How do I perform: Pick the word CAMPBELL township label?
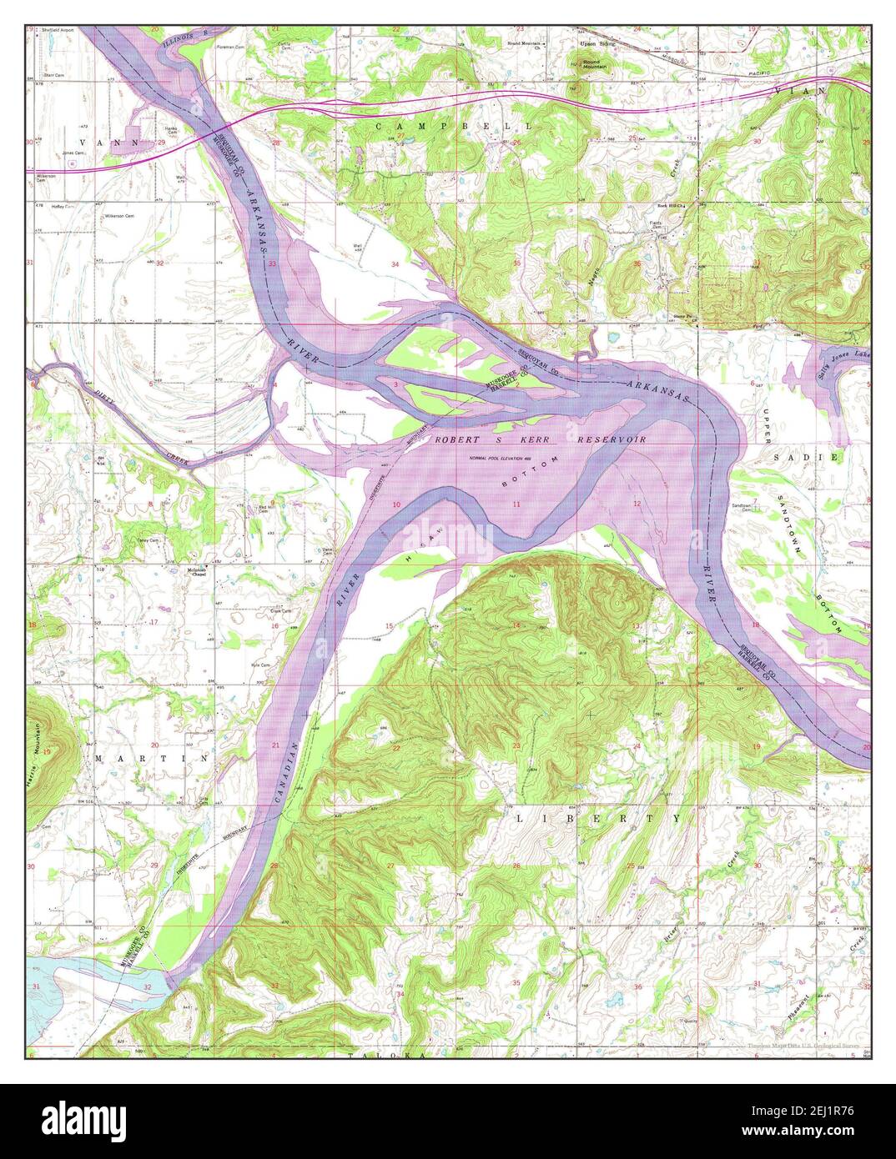[x=454, y=125]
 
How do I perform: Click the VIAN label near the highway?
[x=798, y=90]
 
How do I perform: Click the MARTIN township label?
[x=151, y=759]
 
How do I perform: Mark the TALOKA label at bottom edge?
[x=385, y=1055]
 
